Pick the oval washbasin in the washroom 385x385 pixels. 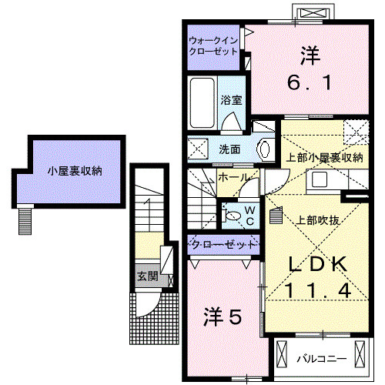264,147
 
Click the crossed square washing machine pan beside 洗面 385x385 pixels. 198,148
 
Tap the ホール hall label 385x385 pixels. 233,178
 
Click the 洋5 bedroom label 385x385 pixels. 223,316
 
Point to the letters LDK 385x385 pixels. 317,264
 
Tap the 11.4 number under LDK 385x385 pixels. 317,290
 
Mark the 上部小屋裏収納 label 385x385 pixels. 324,158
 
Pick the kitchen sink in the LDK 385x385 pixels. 319,180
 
